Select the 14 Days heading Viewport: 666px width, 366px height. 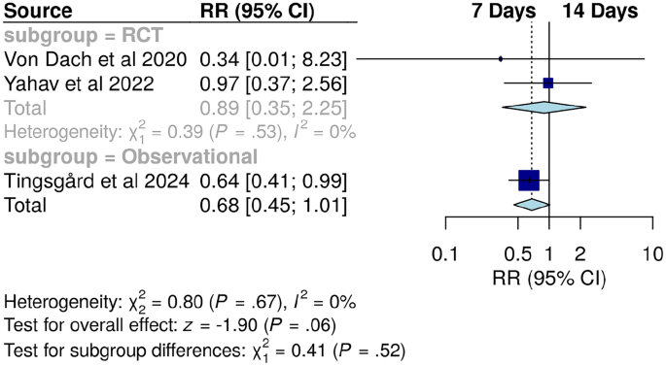600,12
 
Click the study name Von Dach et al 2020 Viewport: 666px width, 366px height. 96,59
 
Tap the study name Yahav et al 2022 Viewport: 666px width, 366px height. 80,83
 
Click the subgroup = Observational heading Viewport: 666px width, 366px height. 132,156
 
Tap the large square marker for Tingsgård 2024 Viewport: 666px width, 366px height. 529,180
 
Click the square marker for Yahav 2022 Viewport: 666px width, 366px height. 548,83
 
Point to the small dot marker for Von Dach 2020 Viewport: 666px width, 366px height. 501,59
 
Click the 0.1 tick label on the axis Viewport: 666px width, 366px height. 445,254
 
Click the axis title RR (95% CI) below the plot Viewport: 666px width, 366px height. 548,278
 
